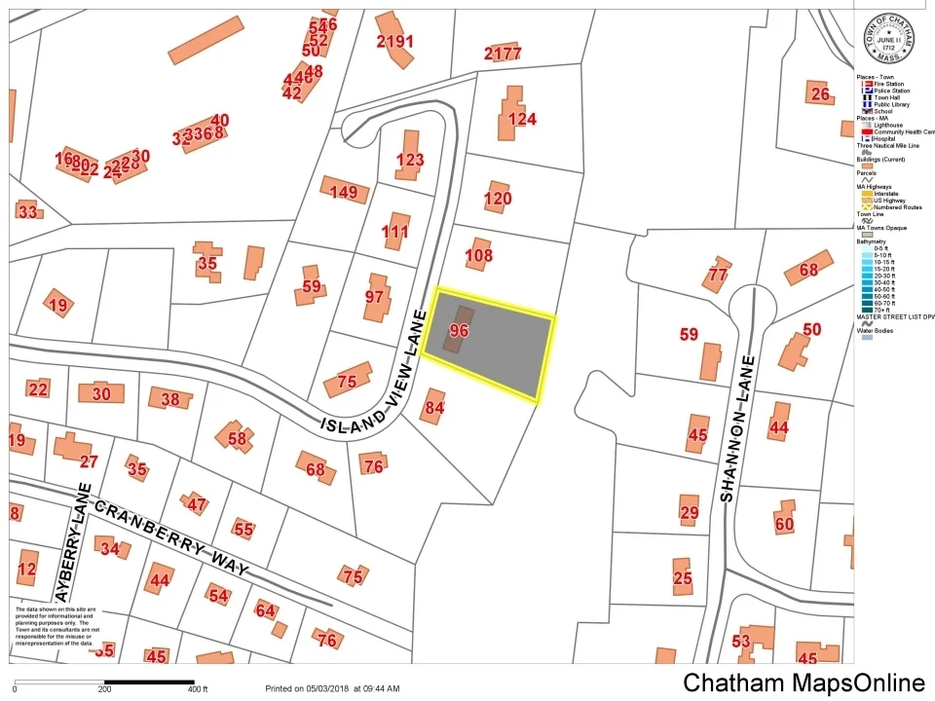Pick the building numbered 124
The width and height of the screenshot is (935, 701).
click(x=522, y=119)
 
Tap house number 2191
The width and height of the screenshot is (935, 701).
click(x=395, y=41)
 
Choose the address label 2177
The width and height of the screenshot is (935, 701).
click(x=503, y=53)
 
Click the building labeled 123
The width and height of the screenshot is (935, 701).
click(x=410, y=160)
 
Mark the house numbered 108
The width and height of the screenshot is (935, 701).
click(x=479, y=257)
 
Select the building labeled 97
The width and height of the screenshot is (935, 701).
click(x=375, y=296)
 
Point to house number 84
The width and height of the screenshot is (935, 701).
click(x=434, y=407)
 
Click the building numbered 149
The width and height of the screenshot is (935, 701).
click(x=344, y=192)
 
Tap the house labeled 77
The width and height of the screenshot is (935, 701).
click(x=718, y=275)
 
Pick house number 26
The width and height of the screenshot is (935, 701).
click(x=820, y=93)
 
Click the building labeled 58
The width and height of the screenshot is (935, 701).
click(x=237, y=438)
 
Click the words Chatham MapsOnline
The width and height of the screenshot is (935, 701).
click(x=804, y=683)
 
